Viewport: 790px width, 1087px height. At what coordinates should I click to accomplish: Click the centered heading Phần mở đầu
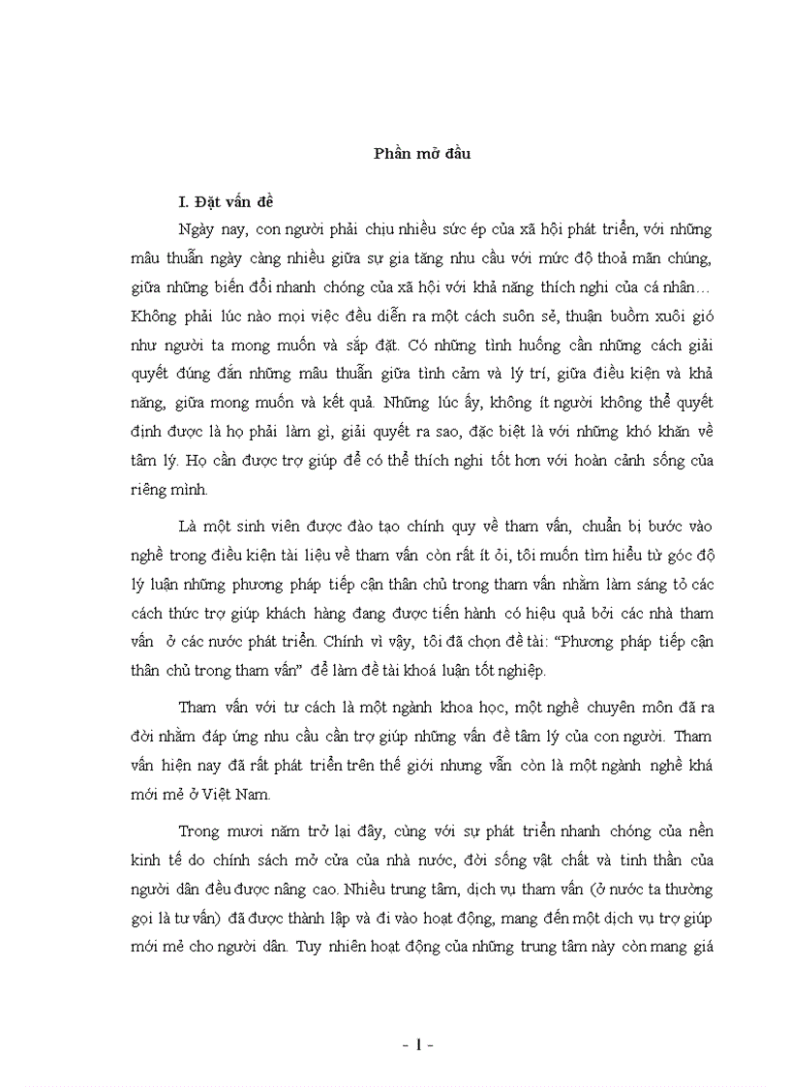coord(422,153)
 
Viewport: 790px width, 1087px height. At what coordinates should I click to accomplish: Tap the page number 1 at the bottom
coord(419,1045)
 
